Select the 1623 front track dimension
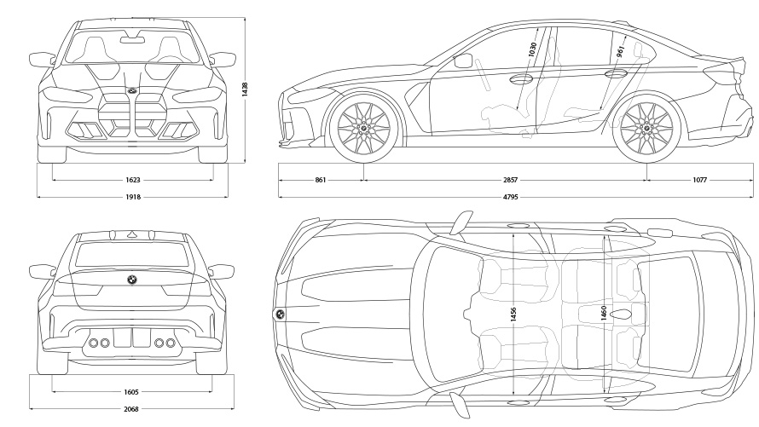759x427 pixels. click(133, 180)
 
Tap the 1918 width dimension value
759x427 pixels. click(133, 197)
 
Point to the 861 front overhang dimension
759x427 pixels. click(321, 180)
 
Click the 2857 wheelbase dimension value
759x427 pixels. click(509, 180)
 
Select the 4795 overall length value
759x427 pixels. click(509, 197)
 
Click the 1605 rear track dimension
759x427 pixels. click(131, 392)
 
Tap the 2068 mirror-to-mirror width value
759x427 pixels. click(131, 410)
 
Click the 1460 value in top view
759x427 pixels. click(604, 314)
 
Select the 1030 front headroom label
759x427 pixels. click(532, 50)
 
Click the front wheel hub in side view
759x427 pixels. click(364, 130)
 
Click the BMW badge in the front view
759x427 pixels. click(132, 90)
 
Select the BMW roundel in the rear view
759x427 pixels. click(132, 280)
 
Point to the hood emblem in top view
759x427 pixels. click(279, 314)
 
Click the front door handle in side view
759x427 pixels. click(518, 80)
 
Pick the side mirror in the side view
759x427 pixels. click(464, 61)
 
